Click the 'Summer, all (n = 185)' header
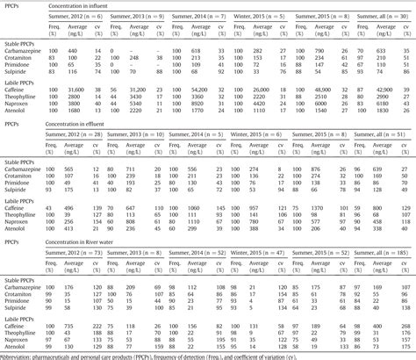coord(387,255)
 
